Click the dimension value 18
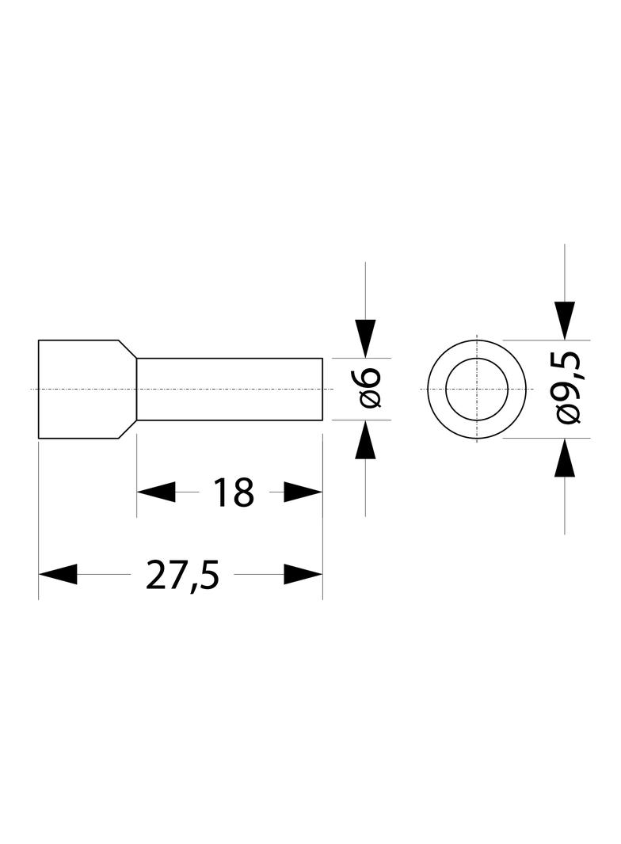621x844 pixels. point(233,492)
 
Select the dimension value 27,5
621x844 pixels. point(183,574)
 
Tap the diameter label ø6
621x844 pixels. point(370,389)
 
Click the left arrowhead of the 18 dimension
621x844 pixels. point(156,492)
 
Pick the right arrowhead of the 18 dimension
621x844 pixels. point(303,492)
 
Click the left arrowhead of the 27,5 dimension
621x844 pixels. point(58,574)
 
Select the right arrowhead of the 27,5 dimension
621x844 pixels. point(303,574)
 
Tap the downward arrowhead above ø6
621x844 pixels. point(366,339)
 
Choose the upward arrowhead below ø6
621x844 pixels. point(366,439)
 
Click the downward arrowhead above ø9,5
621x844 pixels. point(565,321)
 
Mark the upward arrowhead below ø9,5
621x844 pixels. point(565,458)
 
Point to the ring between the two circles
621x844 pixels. point(436,389)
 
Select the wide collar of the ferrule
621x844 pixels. point(78,389)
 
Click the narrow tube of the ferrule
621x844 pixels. point(230,389)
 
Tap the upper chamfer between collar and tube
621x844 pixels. point(128,349)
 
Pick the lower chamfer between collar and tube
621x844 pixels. point(128,429)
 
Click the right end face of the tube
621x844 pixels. point(322,389)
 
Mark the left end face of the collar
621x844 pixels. point(39,389)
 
